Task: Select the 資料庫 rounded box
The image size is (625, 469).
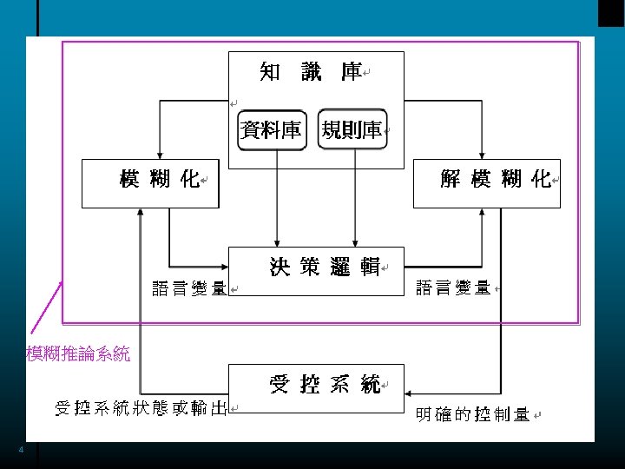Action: [272, 130]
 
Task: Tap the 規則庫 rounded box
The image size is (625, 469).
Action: [352, 130]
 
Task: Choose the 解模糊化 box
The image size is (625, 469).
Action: [486, 182]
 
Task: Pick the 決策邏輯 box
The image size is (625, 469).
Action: [317, 270]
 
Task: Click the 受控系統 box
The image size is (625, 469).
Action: [317, 386]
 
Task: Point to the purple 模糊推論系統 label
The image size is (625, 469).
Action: [78, 353]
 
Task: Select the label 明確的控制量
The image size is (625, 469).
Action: [472, 414]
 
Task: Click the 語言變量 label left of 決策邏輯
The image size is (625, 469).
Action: [189, 288]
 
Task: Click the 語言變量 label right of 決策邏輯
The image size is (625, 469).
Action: [453, 287]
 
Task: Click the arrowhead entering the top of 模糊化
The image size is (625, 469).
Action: [158, 154]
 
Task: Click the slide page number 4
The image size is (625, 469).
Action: [22, 450]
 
